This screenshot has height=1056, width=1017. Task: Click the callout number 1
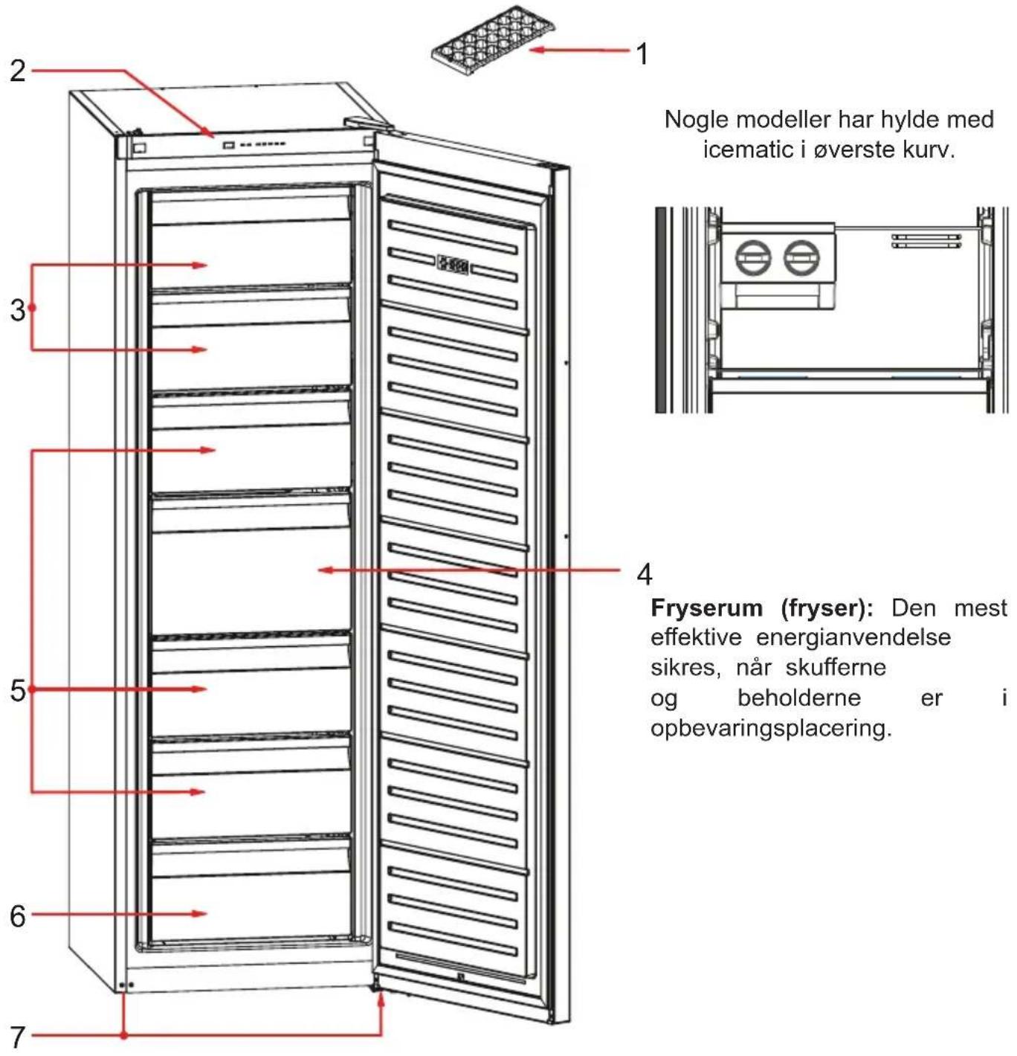643,54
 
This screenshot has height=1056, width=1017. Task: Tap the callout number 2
17,71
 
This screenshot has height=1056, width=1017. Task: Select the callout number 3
17,310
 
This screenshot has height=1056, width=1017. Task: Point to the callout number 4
645,574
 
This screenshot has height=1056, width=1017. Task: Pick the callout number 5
17,691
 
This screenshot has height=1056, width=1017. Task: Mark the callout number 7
17,1037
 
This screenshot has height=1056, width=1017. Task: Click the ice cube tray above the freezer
493,41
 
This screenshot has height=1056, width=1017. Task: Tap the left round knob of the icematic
753,257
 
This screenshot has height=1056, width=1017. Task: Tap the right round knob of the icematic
801,257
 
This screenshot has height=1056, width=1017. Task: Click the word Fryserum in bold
706,608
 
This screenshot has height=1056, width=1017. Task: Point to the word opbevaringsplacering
771,728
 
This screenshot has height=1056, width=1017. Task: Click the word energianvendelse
853,637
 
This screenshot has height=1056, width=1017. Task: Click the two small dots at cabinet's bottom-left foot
128,985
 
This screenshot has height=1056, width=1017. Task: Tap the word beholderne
799,698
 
